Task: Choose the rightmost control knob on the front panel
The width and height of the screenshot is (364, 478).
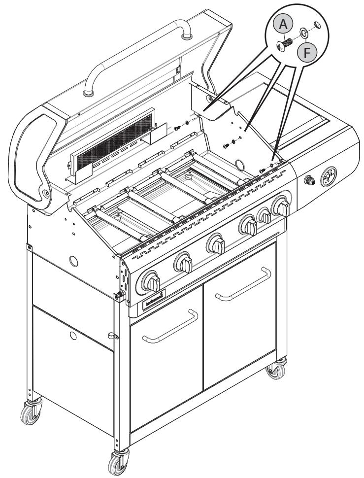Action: coord(281,206)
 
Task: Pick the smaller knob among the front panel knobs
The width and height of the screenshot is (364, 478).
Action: coord(265,215)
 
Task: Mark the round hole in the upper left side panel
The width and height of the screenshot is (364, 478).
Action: coord(74,260)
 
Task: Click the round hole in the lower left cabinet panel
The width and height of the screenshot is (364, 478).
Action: coord(73,336)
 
